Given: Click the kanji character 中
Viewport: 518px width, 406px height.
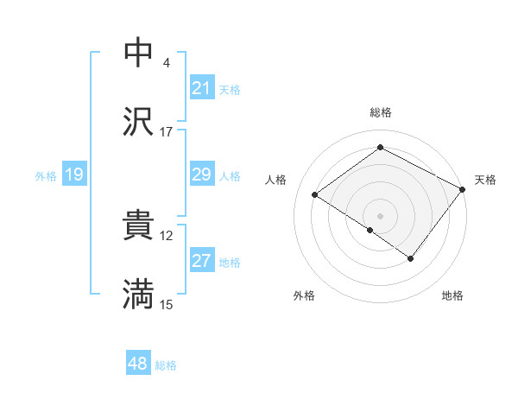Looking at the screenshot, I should click(x=138, y=52).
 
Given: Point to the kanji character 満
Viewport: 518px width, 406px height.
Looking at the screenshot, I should click(x=138, y=295).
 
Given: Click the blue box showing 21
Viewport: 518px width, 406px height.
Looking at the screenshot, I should click(x=202, y=88).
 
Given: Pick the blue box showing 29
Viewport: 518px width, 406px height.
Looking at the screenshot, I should click(x=202, y=175).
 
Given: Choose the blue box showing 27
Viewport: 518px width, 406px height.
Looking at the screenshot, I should click(x=202, y=261).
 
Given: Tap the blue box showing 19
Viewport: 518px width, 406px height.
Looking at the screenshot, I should click(x=74, y=175).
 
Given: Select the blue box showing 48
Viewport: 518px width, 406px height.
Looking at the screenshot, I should click(x=138, y=364).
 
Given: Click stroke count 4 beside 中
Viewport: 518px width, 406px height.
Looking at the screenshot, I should click(x=166, y=63).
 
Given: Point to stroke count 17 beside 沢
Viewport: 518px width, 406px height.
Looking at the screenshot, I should click(x=166, y=132).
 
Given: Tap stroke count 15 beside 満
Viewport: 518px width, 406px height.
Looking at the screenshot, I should click(x=166, y=305).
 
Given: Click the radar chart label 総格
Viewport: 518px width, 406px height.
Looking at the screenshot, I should click(x=380, y=112).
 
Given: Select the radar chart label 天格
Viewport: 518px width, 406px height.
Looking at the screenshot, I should click(x=485, y=180).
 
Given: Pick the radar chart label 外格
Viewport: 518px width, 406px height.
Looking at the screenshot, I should click(x=304, y=295).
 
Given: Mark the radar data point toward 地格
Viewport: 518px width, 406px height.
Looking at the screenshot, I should click(x=411, y=258).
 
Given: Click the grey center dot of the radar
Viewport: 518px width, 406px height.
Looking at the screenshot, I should click(x=380, y=215).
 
